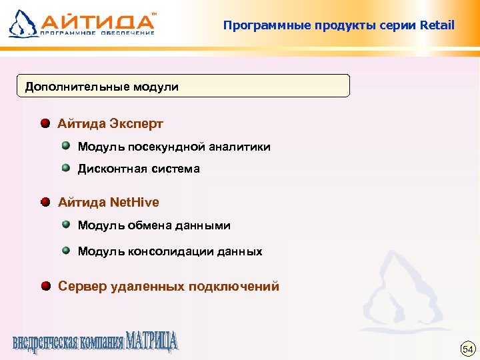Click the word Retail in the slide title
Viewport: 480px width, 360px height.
pyautogui.click(x=437, y=26)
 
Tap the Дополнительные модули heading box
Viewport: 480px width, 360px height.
pyautogui.click(x=183, y=87)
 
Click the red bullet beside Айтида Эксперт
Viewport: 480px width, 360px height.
pyautogui.click(x=45, y=124)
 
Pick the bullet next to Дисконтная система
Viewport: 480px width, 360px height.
pyautogui.click(x=66, y=168)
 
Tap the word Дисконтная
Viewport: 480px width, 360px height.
pyautogui.click(x=109, y=169)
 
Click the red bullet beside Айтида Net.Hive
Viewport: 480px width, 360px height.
pyautogui.click(x=45, y=201)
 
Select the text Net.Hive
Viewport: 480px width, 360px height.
pyautogui.click(x=135, y=201)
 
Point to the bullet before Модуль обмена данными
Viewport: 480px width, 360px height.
pyautogui.click(x=66, y=225)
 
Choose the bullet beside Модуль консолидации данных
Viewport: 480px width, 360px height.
pyautogui.click(x=66, y=251)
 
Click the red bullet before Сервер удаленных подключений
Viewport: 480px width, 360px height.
pyautogui.click(x=45, y=287)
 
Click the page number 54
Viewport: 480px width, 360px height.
pyautogui.click(x=467, y=349)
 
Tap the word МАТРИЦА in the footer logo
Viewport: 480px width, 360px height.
pyautogui.click(x=153, y=341)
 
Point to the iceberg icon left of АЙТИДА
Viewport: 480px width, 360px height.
pyautogui.click(x=23, y=23)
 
